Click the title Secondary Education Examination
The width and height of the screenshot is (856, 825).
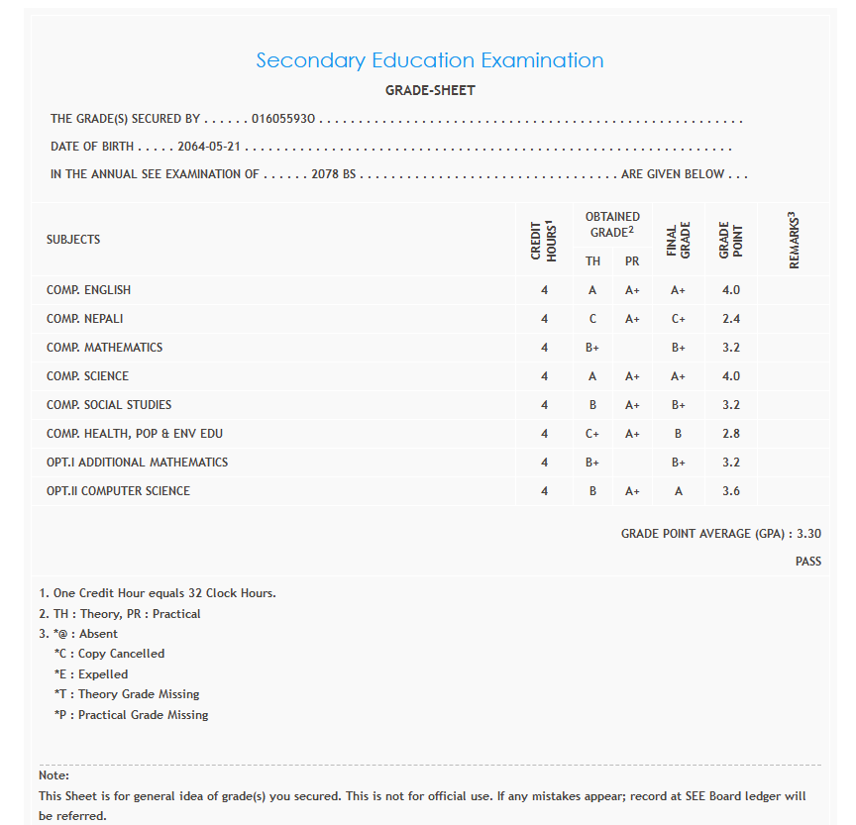(429, 60)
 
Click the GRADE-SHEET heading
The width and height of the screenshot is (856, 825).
(430, 90)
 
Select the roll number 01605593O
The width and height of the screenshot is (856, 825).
(283, 119)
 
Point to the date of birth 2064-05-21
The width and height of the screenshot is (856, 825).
(210, 147)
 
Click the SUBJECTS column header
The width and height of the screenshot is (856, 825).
(73, 240)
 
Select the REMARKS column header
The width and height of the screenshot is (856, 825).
(794, 240)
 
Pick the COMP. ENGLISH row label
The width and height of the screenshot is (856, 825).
(88, 290)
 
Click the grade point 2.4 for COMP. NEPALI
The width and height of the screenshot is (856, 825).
(731, 319)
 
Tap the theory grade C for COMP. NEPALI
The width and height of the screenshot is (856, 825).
(592, 319)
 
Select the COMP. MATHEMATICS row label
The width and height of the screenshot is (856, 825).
(104, 348)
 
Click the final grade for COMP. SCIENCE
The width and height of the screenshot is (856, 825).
(679, 376)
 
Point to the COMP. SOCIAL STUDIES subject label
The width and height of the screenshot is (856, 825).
(109, 405)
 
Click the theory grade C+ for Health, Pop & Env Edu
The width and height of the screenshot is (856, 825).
(592, 434)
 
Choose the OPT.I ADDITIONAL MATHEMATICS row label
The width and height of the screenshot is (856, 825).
(137, 463)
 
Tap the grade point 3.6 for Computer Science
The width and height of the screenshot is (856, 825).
(731, 491)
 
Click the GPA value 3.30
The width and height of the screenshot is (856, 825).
(808, 534)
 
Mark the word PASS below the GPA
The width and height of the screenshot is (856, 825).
(808, 562)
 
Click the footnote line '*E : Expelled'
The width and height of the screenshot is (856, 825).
(91, 674)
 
